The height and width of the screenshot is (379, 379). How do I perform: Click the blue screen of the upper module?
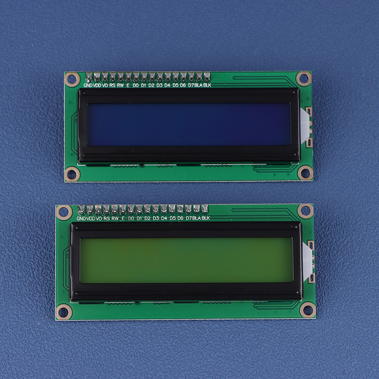click(x=189, y=125)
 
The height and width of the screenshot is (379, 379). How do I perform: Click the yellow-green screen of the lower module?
click(x=186, y=260)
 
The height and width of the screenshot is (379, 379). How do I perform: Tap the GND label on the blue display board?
click(x=88, y=85)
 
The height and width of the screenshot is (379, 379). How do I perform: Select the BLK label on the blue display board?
click(x=207, y=85)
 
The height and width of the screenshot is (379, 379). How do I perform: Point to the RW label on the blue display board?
click(x=120, y=85)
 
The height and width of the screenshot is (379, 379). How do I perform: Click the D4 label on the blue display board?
click(x=167, y=85)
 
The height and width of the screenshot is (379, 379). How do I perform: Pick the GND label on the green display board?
click(x=81, y=218)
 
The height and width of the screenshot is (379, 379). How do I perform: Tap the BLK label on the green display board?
click(x=206, y=218)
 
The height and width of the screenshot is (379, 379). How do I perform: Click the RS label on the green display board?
click(x=107, y=218)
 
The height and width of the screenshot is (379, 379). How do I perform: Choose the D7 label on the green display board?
click(x=189, y=218)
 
